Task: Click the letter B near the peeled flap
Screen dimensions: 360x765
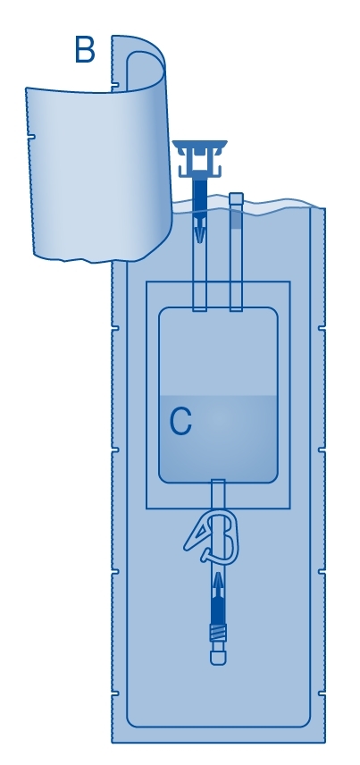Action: pyautogui.click(x=84, y=49)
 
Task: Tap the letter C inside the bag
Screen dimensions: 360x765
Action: pyautogui.click(x=180, y=422)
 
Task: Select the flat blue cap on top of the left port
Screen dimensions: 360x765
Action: pyautogui.click(x=199, y=145)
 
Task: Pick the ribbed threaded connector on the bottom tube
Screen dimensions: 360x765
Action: pyautogui.click(x=218, y=633)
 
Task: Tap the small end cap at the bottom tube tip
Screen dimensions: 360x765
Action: pyautogui.click(x=218, y=657)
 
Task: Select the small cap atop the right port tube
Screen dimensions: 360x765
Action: pyautogui.click(x=236, y=198)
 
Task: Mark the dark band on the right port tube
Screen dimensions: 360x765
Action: pyautogui.click(x=236, y=220)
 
